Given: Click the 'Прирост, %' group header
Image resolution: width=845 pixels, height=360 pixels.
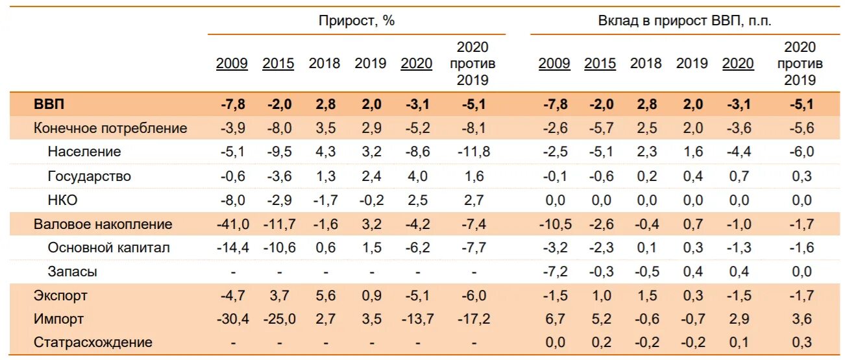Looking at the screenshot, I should (x=356, y=20).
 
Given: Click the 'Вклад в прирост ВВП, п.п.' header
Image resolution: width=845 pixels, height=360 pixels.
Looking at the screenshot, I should (x=684, y=20).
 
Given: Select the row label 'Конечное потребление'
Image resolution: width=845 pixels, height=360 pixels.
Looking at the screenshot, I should (x=110, y=128).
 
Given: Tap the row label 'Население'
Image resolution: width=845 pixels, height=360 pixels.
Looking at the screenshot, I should (x=84, y=152).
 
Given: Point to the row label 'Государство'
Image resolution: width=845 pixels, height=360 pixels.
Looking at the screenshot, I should (x=90, y=176).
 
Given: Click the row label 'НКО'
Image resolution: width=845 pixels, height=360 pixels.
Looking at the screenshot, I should (x=63, y=200).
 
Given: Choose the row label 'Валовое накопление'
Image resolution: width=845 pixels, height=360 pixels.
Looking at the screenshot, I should (x=103, y=224).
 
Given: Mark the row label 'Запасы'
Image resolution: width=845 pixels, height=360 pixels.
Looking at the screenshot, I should (x=73, y=272).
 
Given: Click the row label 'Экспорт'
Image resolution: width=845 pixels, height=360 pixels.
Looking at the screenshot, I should (x=60, y=296).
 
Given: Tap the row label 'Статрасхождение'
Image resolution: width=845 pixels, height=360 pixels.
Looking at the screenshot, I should (x=93, y=342).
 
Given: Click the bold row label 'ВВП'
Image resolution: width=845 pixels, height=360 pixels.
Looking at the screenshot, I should (x=49, y=104).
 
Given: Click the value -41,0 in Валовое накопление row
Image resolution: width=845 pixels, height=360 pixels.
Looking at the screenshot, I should (x=232, y=224).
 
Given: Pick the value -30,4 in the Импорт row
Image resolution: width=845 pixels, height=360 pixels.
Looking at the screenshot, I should (x=232, y=319).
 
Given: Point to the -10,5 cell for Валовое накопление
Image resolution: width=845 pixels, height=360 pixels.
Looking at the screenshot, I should (x=554, y=224).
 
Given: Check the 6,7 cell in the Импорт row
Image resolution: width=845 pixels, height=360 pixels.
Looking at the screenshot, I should (x=556, y=319).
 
